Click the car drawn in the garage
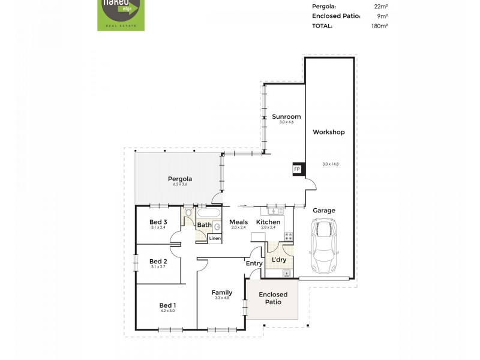(x=325, y=246)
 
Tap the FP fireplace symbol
(x=296, y=170)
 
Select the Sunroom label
(x=286, y=116)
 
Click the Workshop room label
(x=329, y=132)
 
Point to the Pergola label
(x=180, y=179)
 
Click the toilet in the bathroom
(x=188, y=212)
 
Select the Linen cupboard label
(x=215, y=238)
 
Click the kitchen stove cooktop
(x=288, y=236)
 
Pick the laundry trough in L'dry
(x=287, y=274)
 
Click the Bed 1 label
(x=167, y=305)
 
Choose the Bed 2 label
(x=158, y=261)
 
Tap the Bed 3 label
(x=158, y=222)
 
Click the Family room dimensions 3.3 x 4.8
(x=221, y=298)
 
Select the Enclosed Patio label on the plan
(x=273, y=298)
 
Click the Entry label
(x=254, y=263)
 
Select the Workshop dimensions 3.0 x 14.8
(x=331, y=164)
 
